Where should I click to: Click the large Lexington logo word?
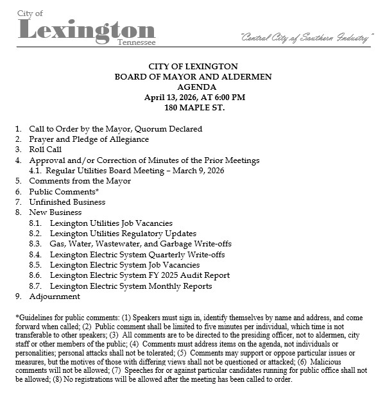[x=87, y=30]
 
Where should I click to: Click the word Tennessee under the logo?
[x=136, y=43]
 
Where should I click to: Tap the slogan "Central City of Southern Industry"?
[x=305, y=39]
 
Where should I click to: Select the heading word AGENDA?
[x=193, y=87]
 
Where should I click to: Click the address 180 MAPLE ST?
[x=193, y=108]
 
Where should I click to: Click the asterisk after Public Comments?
[x=97, y=191]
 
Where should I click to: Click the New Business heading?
[x=55, y=212]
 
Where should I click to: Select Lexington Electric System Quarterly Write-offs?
[x=137, y=255]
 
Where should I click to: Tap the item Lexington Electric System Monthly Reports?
[x=131, y=286]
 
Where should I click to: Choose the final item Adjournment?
[x=55, y=296]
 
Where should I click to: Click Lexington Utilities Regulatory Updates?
[x=123, y=234]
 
